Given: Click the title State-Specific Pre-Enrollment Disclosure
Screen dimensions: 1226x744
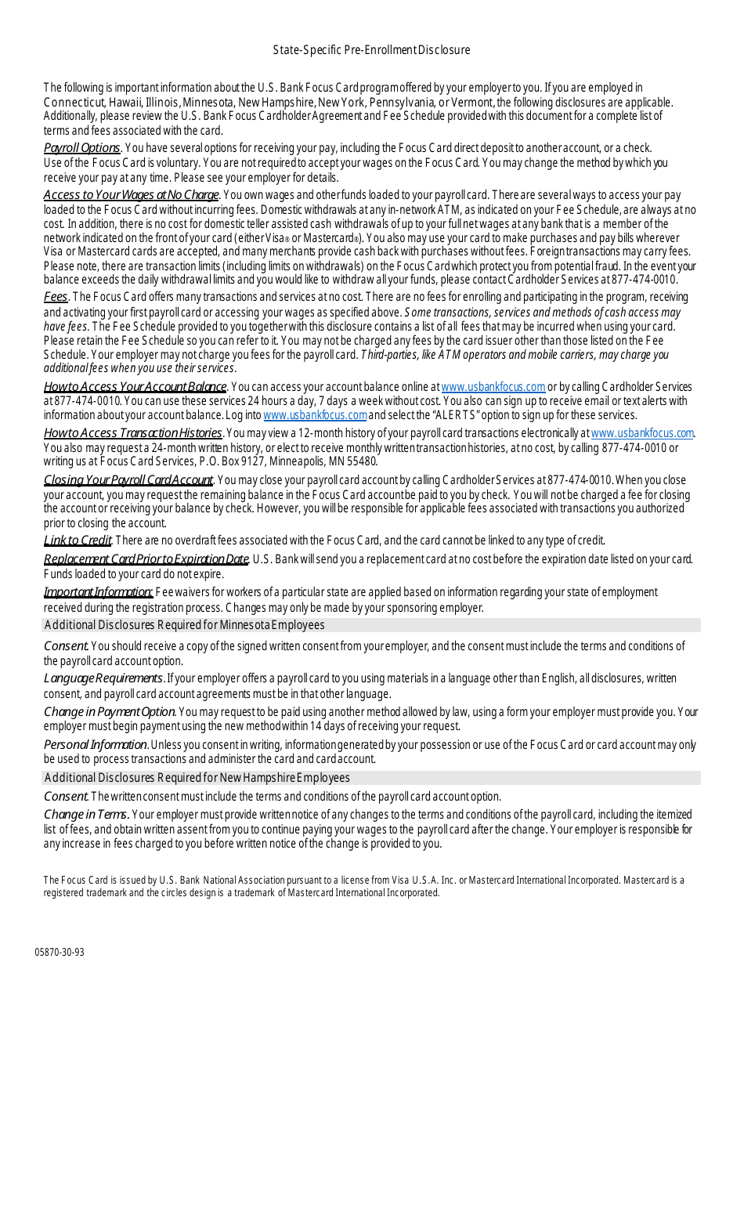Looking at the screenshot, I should point(371,50).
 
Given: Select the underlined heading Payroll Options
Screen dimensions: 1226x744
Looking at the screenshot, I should point(81,148).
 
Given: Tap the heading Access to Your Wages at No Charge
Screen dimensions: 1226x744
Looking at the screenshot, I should point(131,195).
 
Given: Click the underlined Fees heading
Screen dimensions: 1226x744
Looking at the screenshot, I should point(56,297).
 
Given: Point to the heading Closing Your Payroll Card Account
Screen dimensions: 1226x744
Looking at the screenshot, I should point(128,480).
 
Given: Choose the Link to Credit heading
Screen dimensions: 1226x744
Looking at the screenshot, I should point(78,541).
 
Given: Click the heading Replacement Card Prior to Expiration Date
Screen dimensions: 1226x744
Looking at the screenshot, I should point(146,559).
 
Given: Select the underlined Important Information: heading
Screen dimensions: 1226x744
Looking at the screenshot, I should point(98,592).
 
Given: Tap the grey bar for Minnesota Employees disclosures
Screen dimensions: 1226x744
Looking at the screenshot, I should point(371,625).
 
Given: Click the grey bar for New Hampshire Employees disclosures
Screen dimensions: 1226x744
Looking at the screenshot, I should point(371,778).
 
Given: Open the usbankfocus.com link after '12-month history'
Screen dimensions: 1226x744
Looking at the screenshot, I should point(642,433).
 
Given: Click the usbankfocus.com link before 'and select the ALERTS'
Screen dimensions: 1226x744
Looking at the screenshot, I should point(315,415).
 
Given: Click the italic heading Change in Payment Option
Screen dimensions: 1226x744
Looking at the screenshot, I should point(110,712).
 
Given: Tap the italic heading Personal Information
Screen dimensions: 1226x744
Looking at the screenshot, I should point(96,744).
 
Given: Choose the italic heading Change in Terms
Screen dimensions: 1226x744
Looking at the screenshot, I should point(86,815).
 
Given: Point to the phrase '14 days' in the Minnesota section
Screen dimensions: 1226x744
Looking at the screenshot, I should point(326,726).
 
